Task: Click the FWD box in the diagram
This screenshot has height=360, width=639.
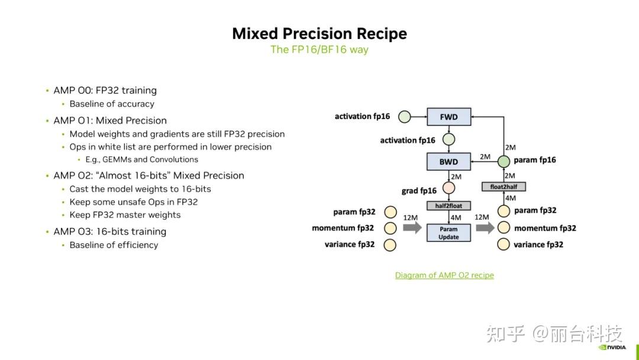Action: [x=448, y=117]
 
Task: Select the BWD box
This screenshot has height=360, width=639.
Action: [x=448, y=162]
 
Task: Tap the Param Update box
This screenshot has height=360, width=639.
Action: [x=448, y=233]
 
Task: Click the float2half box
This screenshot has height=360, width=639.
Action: [x=504, y=187]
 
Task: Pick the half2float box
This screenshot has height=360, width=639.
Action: [x=448, y=206]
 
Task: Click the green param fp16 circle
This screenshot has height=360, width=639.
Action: [x=504, y=162]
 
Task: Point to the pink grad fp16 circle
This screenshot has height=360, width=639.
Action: [x=448, y=188]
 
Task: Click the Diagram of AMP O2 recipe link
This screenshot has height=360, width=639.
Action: [x=444, y=275]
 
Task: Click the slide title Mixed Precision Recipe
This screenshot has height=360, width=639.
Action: [x=319, y=33]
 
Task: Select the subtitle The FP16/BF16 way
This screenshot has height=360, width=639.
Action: [x=319, y=50]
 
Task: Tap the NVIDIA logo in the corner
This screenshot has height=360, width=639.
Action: [x=612, y=348]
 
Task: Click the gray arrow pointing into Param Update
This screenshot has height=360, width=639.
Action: [x=412, y=227]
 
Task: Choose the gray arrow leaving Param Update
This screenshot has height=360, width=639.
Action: [x=485, y=227]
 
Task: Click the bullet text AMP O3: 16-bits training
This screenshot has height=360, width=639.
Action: [x=109, y=232]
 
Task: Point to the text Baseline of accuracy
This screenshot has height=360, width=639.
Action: [x=112, y=104]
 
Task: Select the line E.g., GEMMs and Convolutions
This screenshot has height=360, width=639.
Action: [x=142, y=159]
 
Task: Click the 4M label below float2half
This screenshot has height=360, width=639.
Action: [x=511, y=198]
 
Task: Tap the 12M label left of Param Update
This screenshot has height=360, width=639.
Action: [x=411, y=218]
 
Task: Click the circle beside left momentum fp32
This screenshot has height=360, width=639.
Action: [x=390, y=229]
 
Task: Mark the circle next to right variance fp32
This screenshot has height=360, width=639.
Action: [x=504, y=244]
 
